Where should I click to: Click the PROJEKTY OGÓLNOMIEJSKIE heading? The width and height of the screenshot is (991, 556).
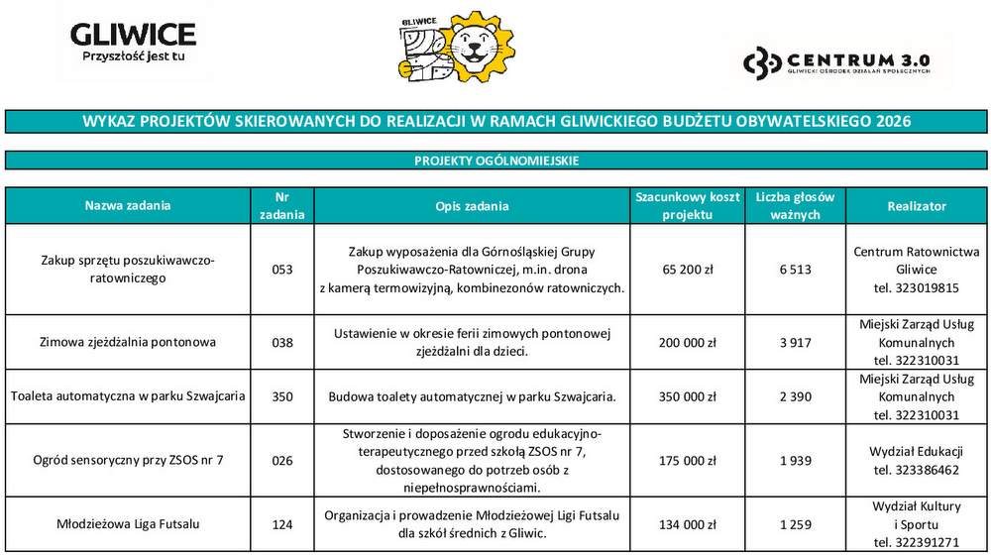(495, 161)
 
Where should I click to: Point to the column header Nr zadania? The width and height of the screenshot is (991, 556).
(282, 206)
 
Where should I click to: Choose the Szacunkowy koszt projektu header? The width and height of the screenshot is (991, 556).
(687, 206)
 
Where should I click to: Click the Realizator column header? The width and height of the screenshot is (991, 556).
(917, 206)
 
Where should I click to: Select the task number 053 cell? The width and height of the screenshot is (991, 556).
(282, 270)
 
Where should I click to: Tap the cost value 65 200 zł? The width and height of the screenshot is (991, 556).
(687, 270)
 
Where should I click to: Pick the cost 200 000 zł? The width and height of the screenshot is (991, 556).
(687, 343)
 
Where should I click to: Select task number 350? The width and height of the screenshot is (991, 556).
(282, 397)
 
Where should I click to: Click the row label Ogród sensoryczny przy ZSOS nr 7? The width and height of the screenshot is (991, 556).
(128, 461)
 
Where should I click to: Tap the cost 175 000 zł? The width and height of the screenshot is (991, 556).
(687, 461)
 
